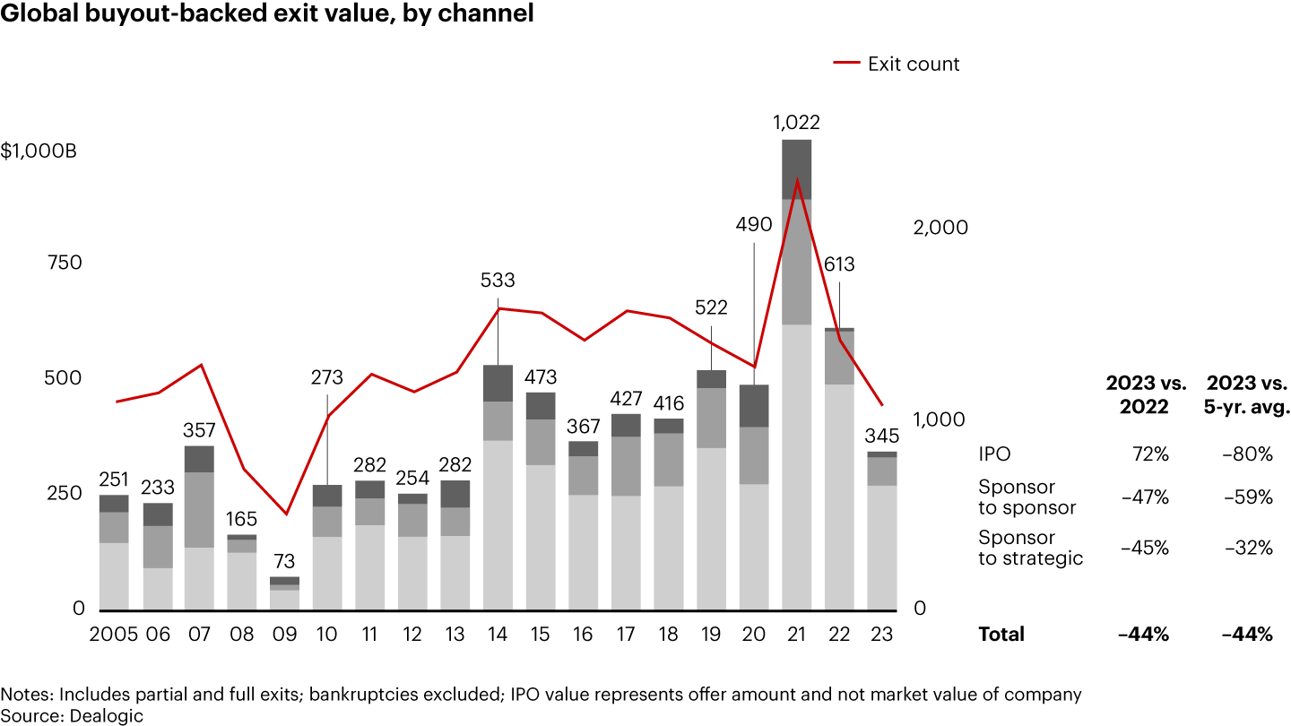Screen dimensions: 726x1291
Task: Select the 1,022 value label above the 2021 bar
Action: point(796,123)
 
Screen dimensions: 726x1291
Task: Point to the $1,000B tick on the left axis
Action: point(39,151)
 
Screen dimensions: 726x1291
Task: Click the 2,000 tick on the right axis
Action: point(940,228)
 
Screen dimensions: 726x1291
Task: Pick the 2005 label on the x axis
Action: point(114,633)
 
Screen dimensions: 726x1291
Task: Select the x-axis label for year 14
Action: point(498,633)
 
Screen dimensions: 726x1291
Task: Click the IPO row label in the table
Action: point(994,454)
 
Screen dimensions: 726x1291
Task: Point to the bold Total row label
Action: point(1001,634)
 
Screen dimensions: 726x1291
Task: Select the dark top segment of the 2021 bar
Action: point(796,169)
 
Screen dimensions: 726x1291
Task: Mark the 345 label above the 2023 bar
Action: point(882,436)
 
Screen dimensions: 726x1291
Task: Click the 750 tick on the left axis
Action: point(64,263)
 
